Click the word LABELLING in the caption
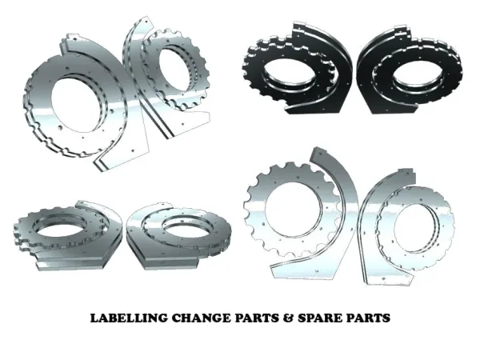[x=129, y=318]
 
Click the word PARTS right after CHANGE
[x=257, y=318]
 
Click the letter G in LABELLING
[x=163, y=318]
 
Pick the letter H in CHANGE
[x=187, y=318]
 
